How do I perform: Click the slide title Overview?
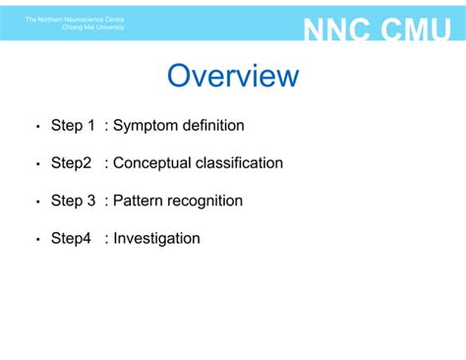pyautogui.click(x=233, y=77)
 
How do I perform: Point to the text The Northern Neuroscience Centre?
pyautogui.click(x=75, y=19)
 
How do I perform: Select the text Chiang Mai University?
pyautogui.click(x=93, y=28)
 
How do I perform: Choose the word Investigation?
pyautogui.click(x=156, y=238)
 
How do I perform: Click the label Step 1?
pyautogui.click(x=73, y=126)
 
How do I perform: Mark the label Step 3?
pyautogui.click(x=73, y=201)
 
